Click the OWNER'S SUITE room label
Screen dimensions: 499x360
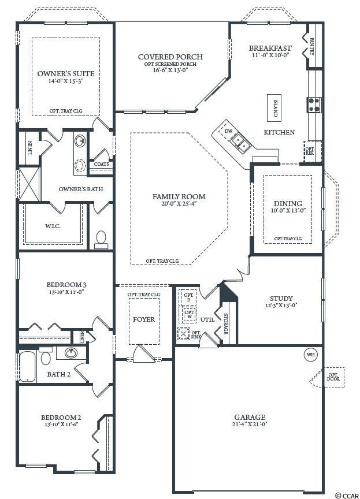[x=65, y=74]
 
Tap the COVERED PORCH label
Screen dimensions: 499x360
[x=170, y=57]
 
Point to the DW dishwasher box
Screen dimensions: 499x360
[x=228, y=131]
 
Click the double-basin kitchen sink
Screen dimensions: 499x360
[x=242, y=146]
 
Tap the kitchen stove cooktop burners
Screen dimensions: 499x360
[x=314, y=103]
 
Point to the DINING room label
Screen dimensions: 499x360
[x=288, y=203]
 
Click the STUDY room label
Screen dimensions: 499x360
[x=281, y=299]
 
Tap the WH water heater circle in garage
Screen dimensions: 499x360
[x=310, y=354]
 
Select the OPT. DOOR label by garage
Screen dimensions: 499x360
[x=334, y=377]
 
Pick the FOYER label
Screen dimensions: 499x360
[x=144, y=319]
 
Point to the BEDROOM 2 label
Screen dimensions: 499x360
[x=61, y=418]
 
